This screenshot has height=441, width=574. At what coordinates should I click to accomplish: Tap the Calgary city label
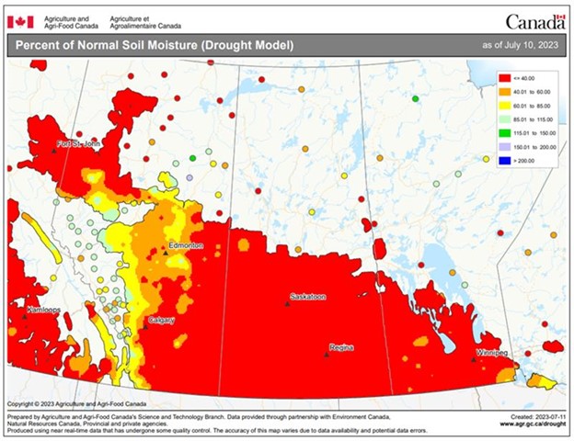coord(160,320)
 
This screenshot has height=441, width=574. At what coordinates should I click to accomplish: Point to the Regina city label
coord(340,347)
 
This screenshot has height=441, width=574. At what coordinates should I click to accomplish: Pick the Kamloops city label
coord(42,310)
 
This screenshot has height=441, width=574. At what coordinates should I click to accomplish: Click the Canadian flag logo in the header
coord(20,21)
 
